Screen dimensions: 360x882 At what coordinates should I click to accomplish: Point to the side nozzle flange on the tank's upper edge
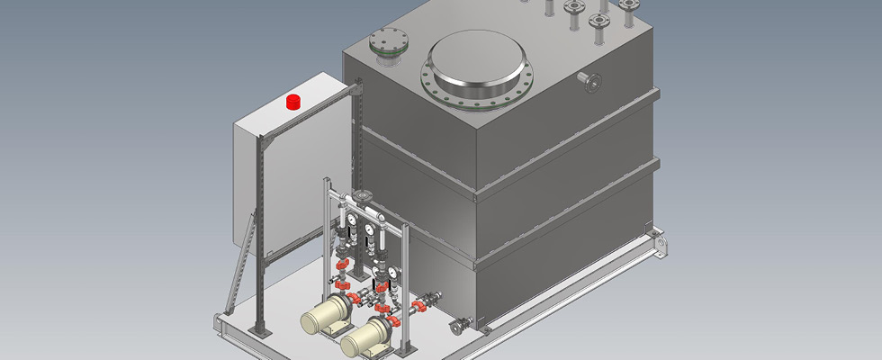pos(593,83)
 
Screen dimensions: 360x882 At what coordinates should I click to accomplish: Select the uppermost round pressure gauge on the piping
pos(351,216)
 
